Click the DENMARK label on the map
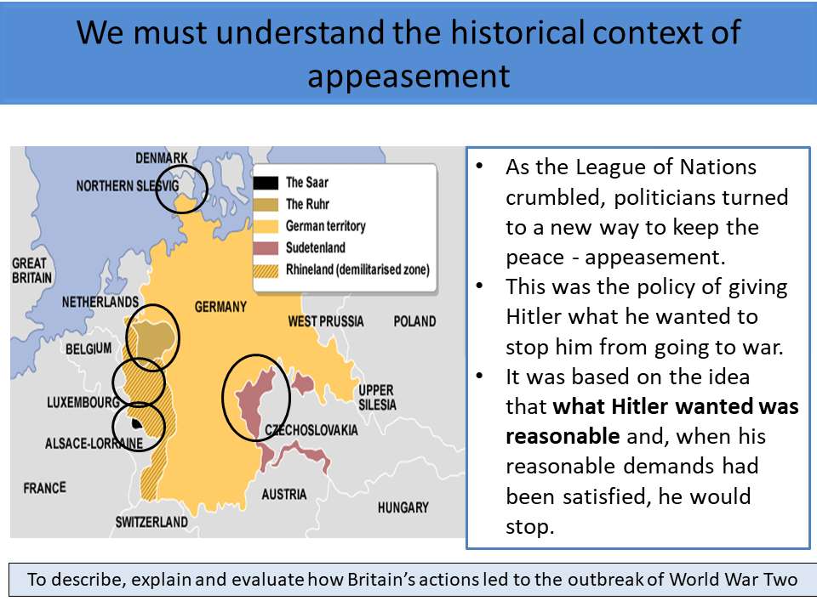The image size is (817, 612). click(162, 158)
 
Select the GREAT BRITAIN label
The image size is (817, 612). click(31, 270)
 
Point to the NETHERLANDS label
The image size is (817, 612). click(100, 302)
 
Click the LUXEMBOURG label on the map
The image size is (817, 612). click(83, 402)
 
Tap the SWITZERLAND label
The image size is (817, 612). click(151, 522)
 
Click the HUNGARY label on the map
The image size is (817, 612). click(403, 507)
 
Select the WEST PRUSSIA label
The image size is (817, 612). click(326, 321)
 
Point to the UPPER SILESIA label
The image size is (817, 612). click(377, 397)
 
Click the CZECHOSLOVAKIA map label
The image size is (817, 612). click(311, 430)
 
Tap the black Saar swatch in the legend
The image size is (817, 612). click(266, 182)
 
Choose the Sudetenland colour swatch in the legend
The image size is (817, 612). click(266, 247)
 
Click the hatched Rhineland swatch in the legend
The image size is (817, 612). click(266, 269)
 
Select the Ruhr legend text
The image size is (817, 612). click(307, 204)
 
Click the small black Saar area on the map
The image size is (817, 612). click(134, 422)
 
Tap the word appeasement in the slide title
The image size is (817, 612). click(408, 75)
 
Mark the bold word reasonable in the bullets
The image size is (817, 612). click(562, 436)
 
